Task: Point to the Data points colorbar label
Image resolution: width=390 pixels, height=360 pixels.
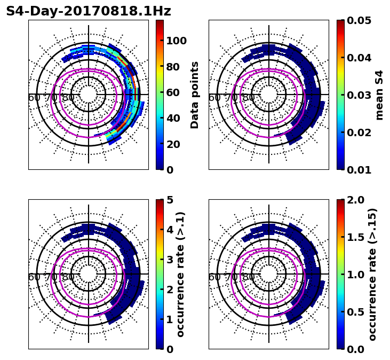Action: [195, 95]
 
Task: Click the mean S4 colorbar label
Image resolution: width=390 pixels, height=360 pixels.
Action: [379, 95]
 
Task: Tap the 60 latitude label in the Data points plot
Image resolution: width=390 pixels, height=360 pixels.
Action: [34, 98]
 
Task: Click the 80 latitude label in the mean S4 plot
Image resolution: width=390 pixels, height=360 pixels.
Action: [249, 98]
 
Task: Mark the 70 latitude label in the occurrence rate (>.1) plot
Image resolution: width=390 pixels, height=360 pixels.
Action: [54, 277]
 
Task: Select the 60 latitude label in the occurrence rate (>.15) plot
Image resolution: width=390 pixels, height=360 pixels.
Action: [214, 277]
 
